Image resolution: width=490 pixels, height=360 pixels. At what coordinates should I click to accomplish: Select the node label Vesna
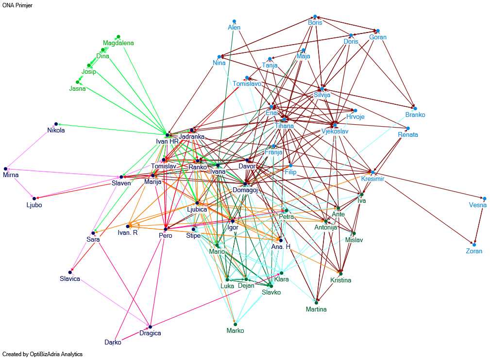tap(478, 205)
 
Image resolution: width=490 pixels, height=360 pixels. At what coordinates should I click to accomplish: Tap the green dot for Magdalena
tap(118, 36)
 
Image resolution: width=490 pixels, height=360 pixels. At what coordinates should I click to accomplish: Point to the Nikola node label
tap(56, 130)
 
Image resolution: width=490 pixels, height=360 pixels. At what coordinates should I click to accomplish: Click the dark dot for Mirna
tap(5, 168)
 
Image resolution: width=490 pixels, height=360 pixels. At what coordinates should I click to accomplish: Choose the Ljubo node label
tap(34, 205)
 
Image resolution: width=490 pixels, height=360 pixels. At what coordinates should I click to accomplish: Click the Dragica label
tap(150, 333)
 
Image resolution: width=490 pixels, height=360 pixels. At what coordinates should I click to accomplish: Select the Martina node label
tap(316, 309)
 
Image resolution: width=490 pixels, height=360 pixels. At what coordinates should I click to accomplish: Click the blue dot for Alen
tap(234, 21)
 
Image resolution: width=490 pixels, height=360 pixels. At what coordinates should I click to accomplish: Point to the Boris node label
tap(315, 22)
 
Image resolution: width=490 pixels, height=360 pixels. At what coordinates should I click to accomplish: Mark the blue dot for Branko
tap(415, 109)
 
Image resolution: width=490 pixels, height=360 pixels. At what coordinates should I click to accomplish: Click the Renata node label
tap(407, 134)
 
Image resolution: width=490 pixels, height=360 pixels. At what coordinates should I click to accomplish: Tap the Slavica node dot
tap(71, 272)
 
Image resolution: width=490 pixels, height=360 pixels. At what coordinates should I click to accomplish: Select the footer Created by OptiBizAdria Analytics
tap(43, 355)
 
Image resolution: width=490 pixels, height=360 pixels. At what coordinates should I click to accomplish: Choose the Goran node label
tap(378, 37)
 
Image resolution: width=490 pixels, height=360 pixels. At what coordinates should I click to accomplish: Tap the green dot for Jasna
tap(78, 82)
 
